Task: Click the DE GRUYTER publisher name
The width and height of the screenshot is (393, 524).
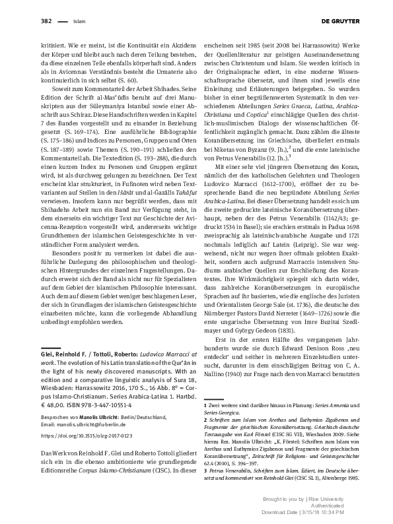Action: [x=341, y=22]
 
